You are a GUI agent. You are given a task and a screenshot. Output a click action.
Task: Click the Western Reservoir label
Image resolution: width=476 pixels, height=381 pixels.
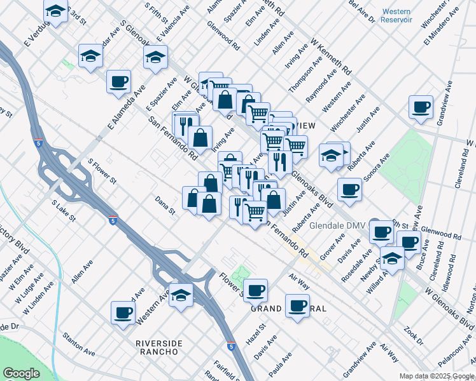pyautogui.click(x=397, y=16)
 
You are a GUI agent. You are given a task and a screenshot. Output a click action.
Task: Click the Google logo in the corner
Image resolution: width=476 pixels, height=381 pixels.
pyautogui.click(x=21, y=373)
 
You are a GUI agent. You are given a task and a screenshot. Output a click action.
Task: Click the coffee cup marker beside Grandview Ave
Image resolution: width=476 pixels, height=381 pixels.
pyautogui.click(x=420, y=107)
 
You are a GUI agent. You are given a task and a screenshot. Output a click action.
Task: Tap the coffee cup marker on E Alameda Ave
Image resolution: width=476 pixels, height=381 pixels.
pyautogui.click(x=119, y=81)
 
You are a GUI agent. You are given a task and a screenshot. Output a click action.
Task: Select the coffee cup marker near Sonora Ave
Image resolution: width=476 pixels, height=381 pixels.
pyautogui.click(x=349, y=189)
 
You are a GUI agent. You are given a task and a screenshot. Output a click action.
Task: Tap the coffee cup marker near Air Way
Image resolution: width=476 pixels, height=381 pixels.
pyautogui.click(x=297, y=305)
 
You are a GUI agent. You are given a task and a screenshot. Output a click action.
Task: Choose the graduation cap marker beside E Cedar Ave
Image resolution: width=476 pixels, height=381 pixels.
pyautogui.click(x=91, y=56)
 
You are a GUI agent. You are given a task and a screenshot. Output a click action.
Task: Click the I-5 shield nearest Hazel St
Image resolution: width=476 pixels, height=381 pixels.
pyautogui.click(x=231, y=347)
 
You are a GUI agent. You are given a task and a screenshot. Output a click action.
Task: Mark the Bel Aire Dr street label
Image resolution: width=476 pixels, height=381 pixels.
pyautogui.click(x=361, y=11)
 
